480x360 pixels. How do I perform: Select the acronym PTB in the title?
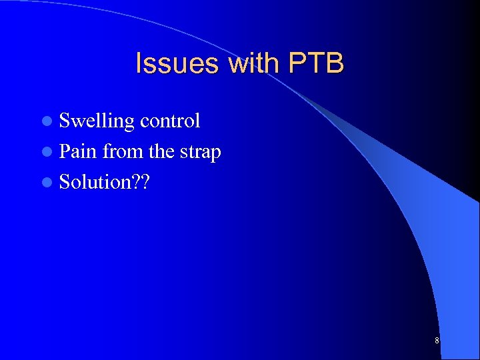pyautogui.click(x=316, y=64)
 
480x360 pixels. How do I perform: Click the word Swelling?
pyautogui.click(x=97, y=121)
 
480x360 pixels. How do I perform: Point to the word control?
pyautogui.click(x=170, y=121)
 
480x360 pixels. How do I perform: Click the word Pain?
pyautogui.click(x=78, y=151)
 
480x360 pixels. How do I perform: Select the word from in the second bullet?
pyautogui.click(x=123, y=151)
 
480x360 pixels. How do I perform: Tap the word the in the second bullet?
pyautogui.click(x=161, y=151)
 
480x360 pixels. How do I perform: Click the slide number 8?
pyautogui.click(x=437, y=341)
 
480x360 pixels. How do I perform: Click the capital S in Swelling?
pyautogui.click(x=65, y=121)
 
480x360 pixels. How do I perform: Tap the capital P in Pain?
pyautogui.click(x=65, y=151)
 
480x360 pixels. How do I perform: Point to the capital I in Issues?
pyautogui.click(x=139, y=64)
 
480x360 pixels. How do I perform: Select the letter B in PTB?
pyautogui.click(x=335, y=64)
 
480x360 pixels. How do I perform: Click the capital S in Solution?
pyautogui.click(x=65, y=182)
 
